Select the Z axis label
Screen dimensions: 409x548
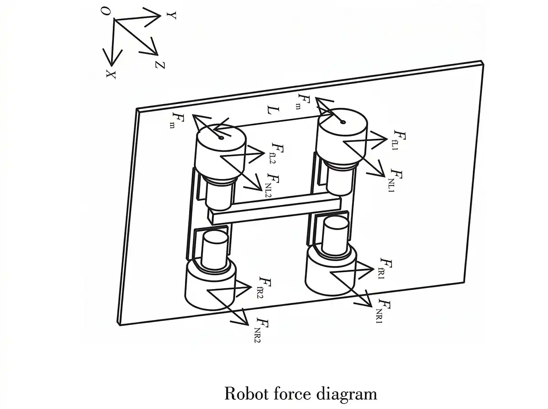tap(160, 65)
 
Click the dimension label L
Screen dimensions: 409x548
tap(272, 110)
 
